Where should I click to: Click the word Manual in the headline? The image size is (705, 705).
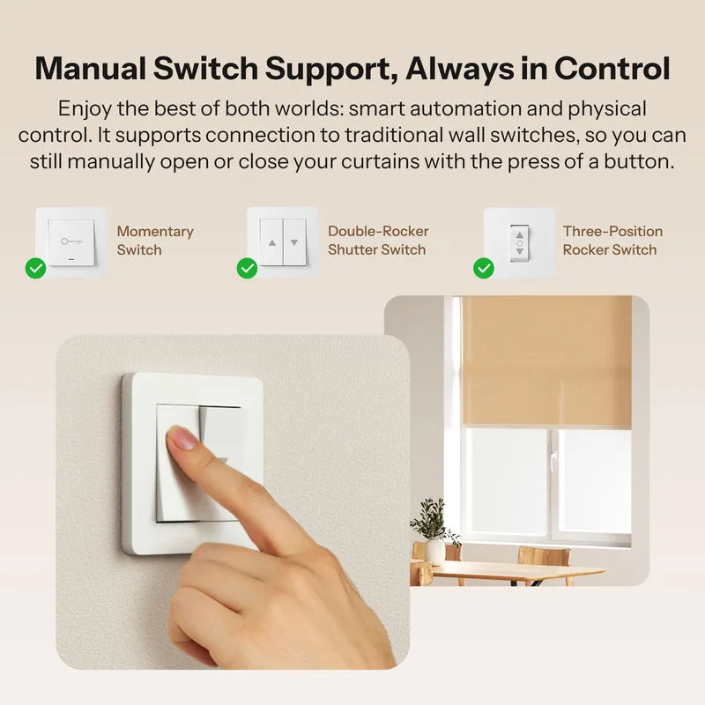pos(90,69)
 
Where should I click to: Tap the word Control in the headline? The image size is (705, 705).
pos(612,69)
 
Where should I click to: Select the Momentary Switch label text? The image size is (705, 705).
pos(155,241)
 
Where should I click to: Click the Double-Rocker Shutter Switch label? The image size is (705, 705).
pos(378,241)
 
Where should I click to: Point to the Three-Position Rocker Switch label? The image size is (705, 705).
pos(612,241)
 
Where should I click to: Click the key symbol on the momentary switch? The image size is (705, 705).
pos(71,241)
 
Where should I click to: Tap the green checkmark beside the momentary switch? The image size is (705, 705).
pos(35,269)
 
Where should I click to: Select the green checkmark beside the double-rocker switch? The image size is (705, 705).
pos(247,269)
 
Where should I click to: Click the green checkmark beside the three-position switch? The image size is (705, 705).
pos(483,269)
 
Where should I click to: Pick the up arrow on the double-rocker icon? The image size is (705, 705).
pos(272,243)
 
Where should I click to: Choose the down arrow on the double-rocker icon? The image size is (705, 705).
pos(294,243)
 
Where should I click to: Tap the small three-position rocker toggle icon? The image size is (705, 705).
pos(520,243)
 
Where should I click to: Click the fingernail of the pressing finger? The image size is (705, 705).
pos(182,437)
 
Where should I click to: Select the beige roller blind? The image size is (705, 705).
pos(546,360)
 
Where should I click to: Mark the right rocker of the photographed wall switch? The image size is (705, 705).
pos(222,464)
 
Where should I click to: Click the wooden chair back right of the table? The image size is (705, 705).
pos(544,557)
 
